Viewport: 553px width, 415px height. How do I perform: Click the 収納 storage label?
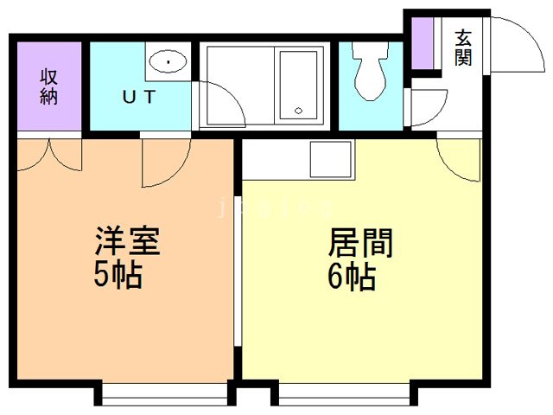pos(48,86)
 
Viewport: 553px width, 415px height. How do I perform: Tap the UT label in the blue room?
pos(139,97)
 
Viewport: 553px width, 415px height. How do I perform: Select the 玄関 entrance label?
pos(463,48)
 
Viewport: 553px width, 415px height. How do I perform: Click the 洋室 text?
pos(128,241)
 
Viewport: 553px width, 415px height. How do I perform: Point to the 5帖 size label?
pos(118,276)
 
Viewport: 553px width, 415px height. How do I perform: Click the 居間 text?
pos(361,243)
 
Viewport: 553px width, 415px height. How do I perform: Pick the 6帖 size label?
pos(352,277)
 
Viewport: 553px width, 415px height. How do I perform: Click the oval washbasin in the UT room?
pos(168,61)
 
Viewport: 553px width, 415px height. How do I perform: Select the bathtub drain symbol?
pos(298,111)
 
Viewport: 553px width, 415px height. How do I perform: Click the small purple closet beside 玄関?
pos(423,43)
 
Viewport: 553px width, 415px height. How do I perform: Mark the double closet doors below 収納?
pos(49,156)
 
